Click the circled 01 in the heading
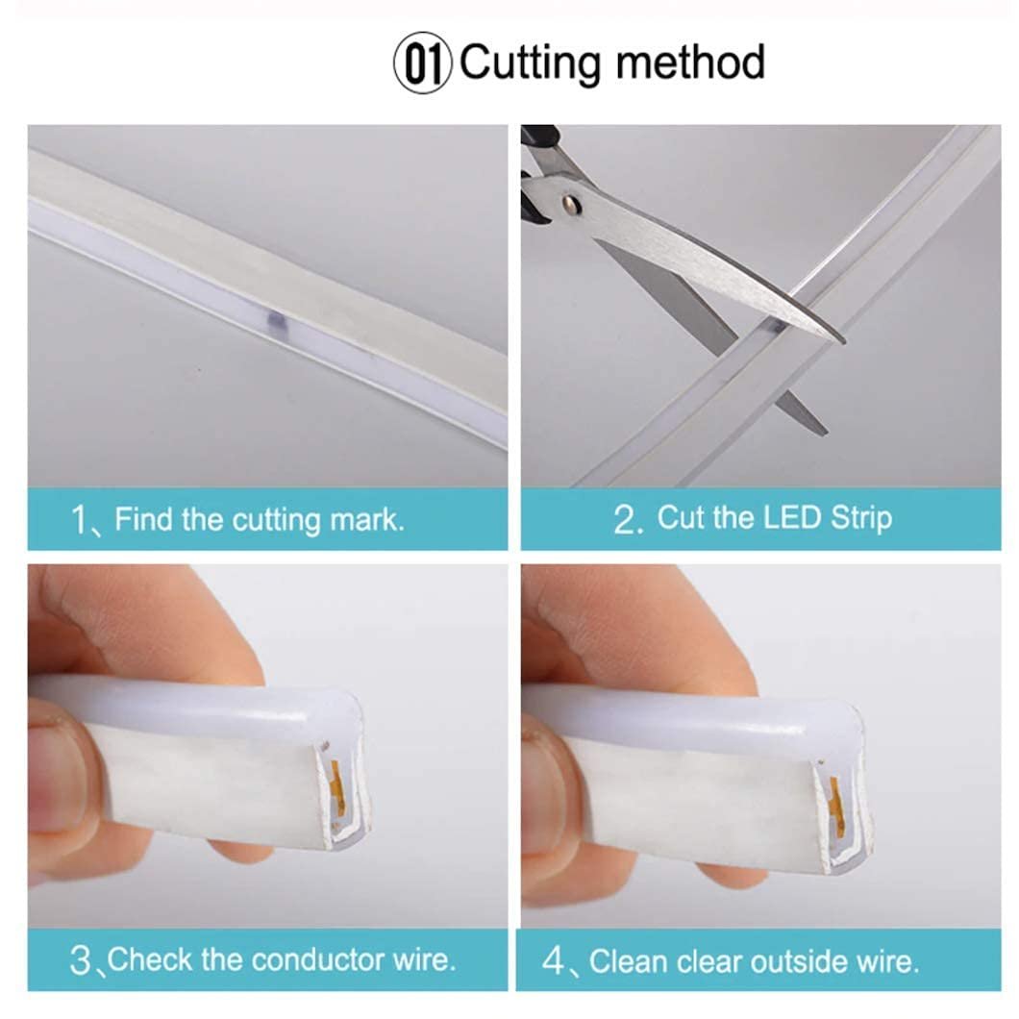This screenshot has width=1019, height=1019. pyautogui.click(x=422, y=63)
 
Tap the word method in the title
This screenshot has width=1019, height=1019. pyautogui.click(x=689, y=62)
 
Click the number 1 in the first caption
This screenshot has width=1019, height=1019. pyautogui.click(x=79, y=520)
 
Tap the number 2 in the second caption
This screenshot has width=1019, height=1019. pyautogui.click(x=625, y=520)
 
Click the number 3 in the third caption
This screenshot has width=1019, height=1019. pyautogui.click(x=81, y=960)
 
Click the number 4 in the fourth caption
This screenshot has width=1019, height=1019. pyautogui.click(x=553, y=961)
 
